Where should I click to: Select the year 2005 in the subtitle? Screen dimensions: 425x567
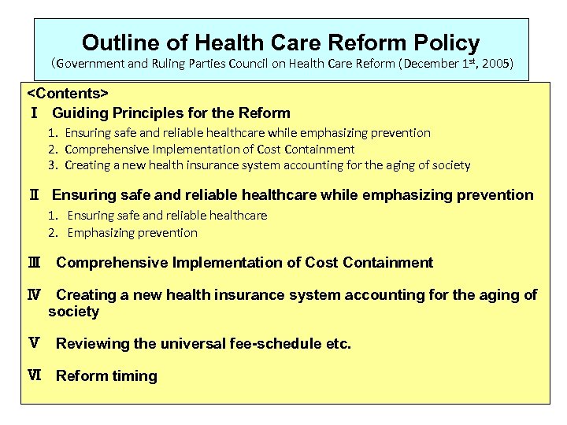point(495,65)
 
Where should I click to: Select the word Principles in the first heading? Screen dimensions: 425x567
point(139,113)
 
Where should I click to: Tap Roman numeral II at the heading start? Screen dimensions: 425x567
point(33,195)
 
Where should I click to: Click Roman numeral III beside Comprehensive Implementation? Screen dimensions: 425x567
point(35,263)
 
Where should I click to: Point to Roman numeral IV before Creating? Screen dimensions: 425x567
point(35,295)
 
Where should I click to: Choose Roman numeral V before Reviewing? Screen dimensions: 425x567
point(35,344)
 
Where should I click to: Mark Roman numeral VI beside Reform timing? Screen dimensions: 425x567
point(35,376)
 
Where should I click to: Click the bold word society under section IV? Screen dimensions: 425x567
point(73,312)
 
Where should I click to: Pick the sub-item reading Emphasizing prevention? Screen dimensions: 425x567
point(132,232)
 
